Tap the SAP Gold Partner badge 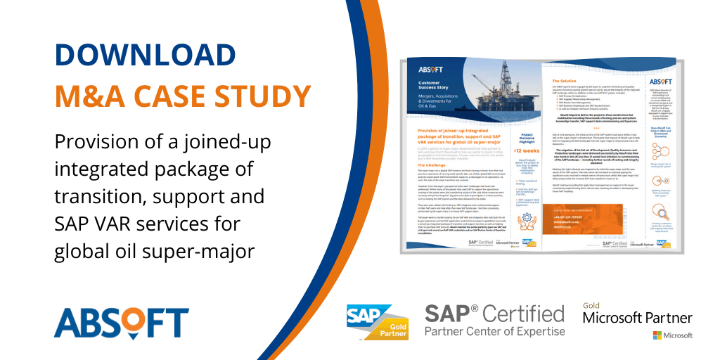(x=379, y=322)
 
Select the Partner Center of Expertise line (x=494, y=331)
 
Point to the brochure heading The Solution (x=562, y=82)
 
